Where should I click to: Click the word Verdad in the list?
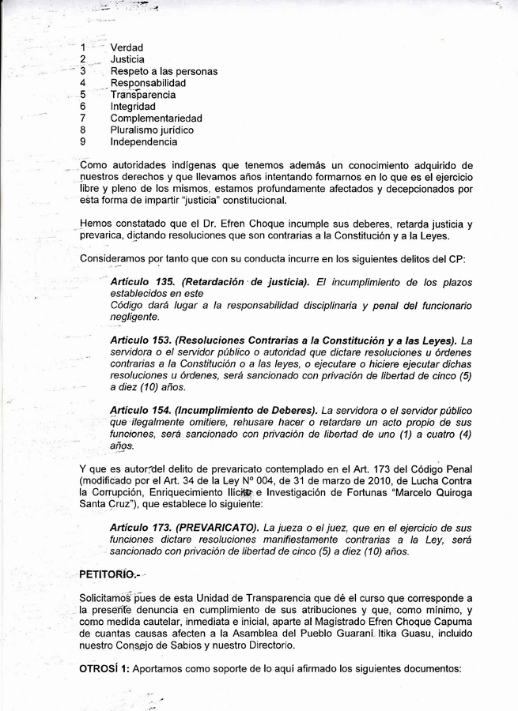[x=127, y=47]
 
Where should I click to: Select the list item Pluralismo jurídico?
[x=152, y=130]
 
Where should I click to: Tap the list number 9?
[x=83, y=141]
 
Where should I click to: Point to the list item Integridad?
[x=133, y=106]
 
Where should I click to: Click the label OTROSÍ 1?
[x=104, y=669]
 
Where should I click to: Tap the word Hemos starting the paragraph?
[x=97, y=224]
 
